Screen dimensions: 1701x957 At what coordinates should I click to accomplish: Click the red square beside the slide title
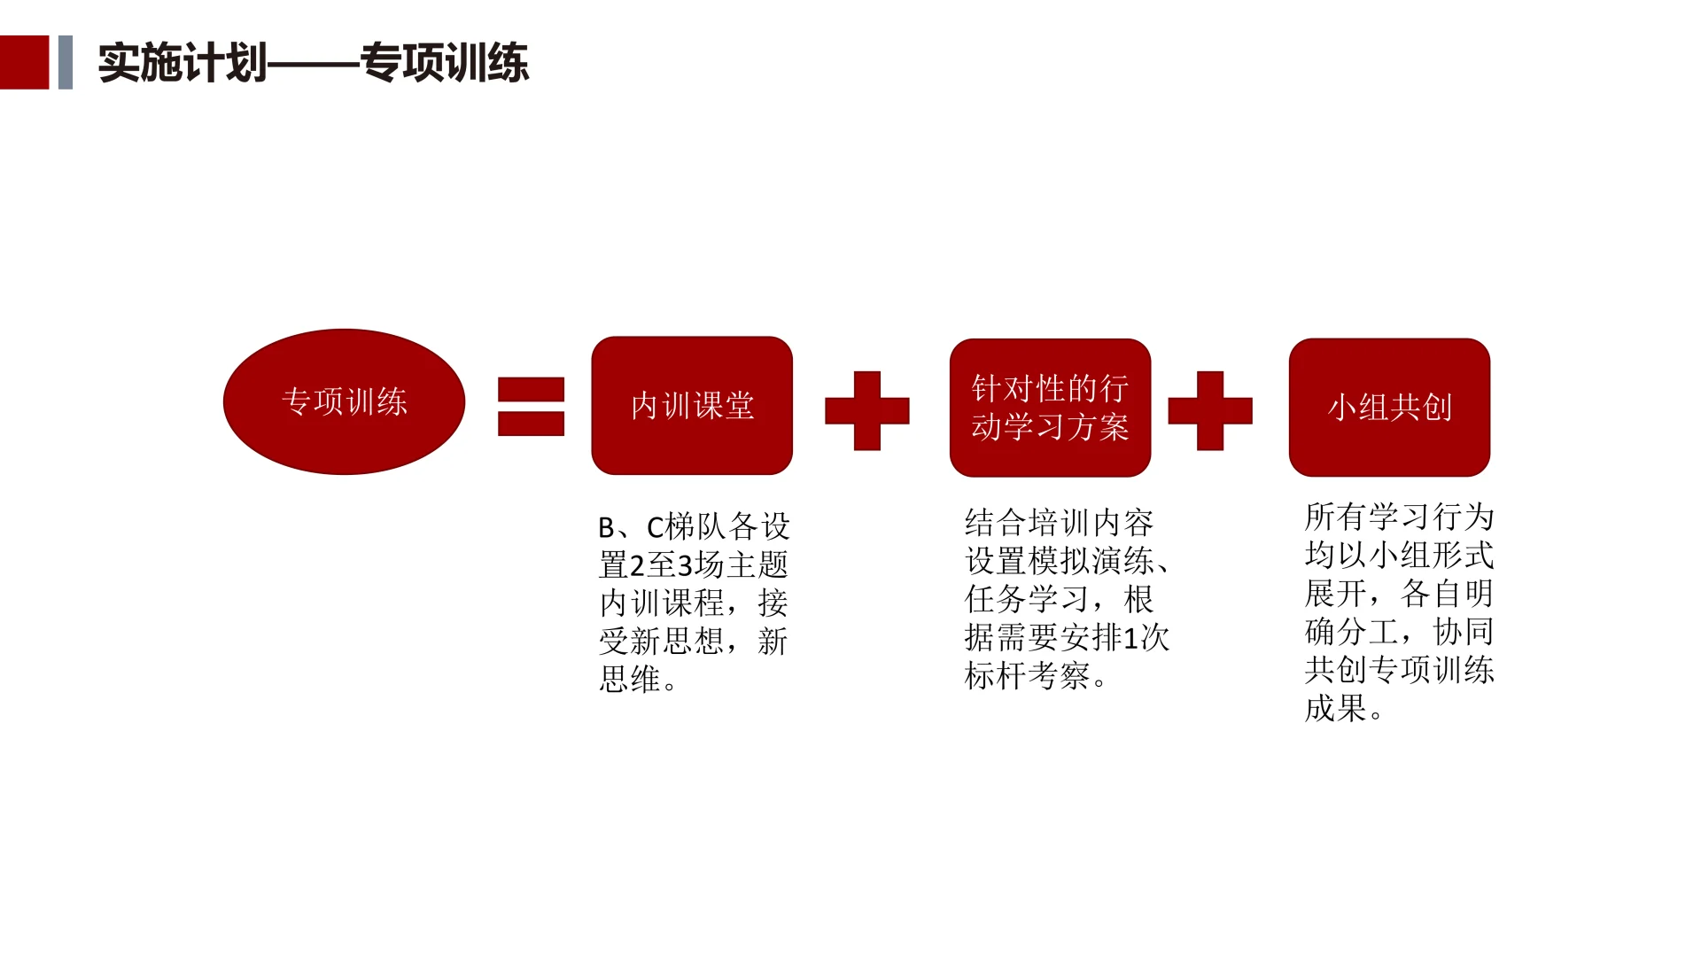point(24,62)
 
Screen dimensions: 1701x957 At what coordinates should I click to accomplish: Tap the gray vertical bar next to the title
point(65,62)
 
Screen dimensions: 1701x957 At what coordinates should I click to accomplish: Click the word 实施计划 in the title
point(182,63)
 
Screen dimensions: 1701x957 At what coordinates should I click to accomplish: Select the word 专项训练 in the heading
point(444,63)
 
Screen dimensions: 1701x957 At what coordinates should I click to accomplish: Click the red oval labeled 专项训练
point(344,402)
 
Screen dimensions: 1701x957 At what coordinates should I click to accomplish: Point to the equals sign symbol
point(531,407)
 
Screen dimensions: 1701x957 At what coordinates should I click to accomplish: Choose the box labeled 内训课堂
point(692,406)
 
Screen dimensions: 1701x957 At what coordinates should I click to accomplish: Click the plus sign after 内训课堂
point(866,411)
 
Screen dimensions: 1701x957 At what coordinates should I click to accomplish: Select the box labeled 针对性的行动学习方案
point(1050,408)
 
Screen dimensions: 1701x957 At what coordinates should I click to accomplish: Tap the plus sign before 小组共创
point(1210,411)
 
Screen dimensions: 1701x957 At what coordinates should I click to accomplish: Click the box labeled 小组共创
point(1389,408)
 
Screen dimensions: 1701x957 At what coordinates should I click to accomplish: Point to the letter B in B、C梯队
point(607,528)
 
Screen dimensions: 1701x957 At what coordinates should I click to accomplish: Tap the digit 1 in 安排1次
point(1130,638)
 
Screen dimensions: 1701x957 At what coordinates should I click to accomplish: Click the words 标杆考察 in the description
point(1028,676)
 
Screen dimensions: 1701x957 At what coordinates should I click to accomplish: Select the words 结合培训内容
point(1059,523)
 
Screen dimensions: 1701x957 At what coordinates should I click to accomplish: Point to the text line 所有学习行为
point(1399,517)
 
